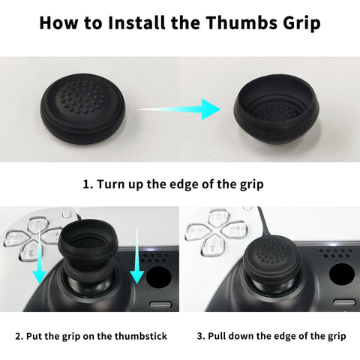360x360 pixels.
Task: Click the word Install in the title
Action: (136, 22)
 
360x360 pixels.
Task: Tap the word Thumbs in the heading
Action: (241, 22)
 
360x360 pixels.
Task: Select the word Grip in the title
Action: (301, 23)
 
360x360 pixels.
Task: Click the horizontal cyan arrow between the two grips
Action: (179, 109)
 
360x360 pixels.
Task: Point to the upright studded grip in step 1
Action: (82, 109)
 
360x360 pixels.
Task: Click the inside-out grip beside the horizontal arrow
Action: (276, 109)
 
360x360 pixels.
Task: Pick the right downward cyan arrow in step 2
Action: (137, 256)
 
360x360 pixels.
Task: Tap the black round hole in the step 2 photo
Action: (158, 277)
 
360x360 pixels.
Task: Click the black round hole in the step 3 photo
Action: (342, 274)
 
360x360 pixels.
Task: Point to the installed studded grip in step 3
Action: (271, 257)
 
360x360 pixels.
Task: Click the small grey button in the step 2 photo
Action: (160, 304)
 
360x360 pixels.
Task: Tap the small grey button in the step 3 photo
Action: (344, 302)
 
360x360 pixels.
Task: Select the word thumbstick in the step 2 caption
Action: (141, 336)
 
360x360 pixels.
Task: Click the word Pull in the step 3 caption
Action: (217, 336)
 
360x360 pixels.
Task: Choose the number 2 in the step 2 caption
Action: (18, 336)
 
